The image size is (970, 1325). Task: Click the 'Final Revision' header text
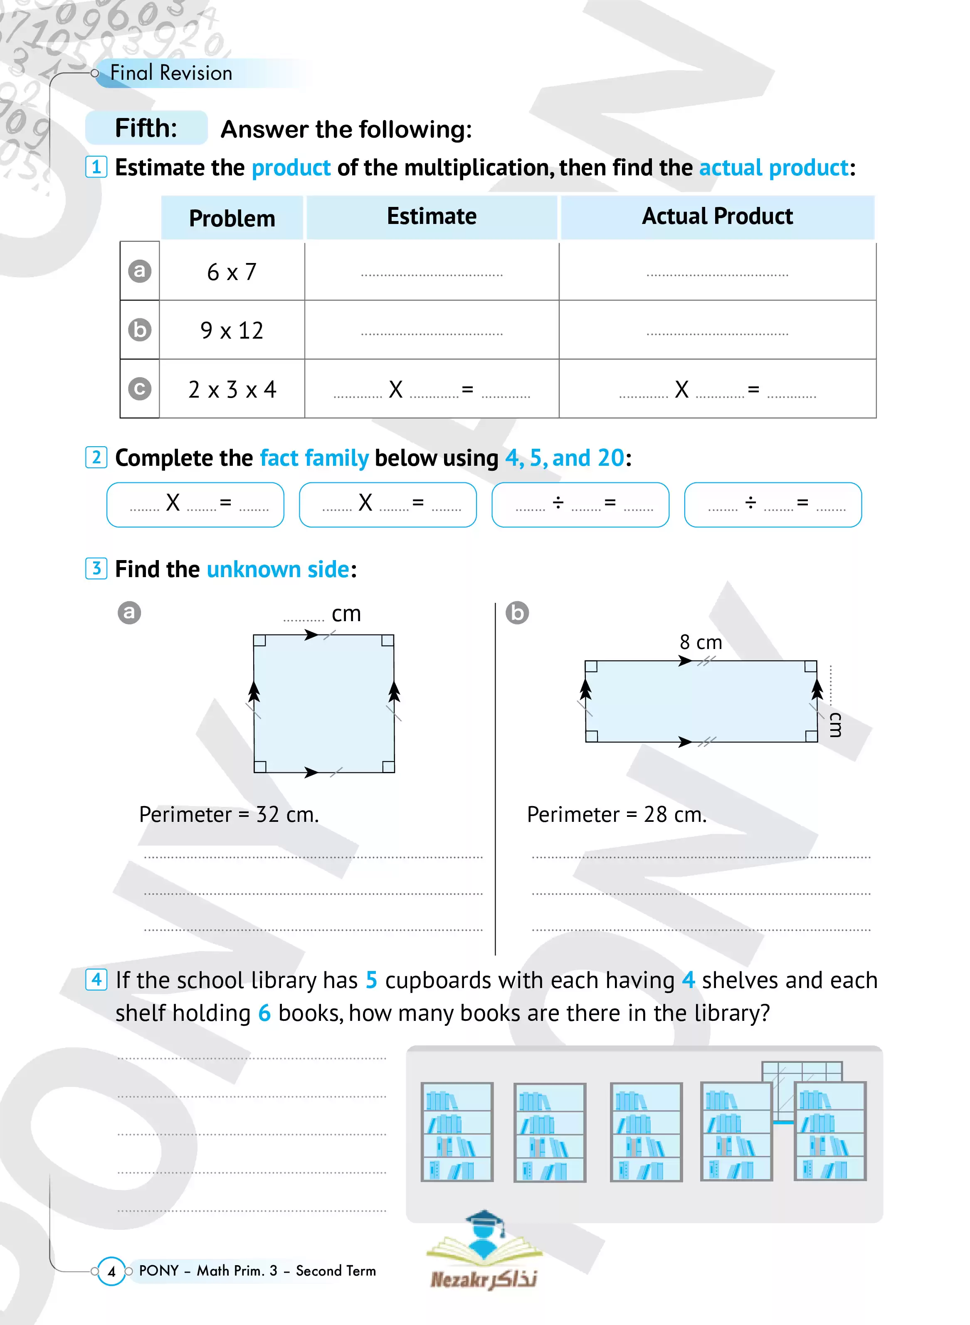(171, 73)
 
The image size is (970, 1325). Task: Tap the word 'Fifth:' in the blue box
(146, 128)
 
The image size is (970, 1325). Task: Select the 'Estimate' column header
(432, 216)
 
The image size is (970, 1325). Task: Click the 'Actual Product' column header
(717, 216)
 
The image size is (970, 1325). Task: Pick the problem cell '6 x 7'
(232, 272)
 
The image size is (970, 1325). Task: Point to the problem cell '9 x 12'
(232, 330)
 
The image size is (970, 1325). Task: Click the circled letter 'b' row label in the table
(140, 330)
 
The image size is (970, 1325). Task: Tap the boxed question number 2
(96, 457)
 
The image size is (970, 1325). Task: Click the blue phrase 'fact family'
(314, 458)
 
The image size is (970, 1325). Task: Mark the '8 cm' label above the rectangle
(701, 642)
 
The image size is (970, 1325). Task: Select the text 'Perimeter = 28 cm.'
(617, 814)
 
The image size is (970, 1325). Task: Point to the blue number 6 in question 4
(264, 1013)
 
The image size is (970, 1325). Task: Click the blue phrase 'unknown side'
(278, 569)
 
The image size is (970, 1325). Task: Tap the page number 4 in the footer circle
(111, 1271)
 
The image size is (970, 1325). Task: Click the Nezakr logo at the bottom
(484, 1250)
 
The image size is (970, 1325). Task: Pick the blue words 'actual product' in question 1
(773, 168)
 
